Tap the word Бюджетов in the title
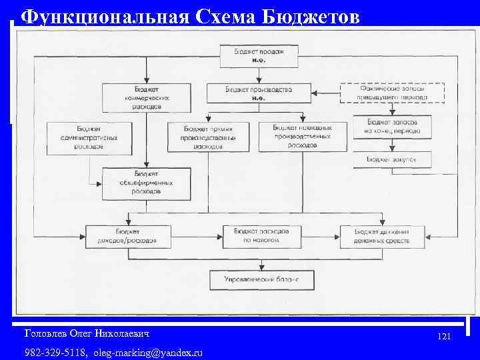pos(313,16)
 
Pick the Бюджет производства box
pos(259,93)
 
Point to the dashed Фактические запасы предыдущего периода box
pos(392,93)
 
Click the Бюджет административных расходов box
pos(83,137)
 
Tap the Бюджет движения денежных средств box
pos(383,236)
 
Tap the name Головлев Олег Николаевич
pos(87,332)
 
